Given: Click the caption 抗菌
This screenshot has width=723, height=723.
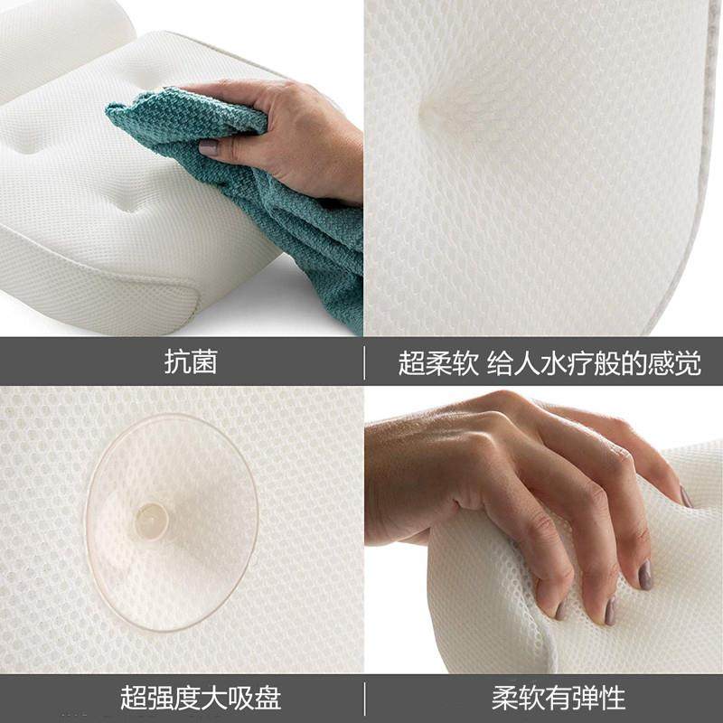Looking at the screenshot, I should pos(191,362).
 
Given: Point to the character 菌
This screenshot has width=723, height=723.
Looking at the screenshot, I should pos(204,362).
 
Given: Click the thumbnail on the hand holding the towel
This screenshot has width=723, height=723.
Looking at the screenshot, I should pos(209,147).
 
